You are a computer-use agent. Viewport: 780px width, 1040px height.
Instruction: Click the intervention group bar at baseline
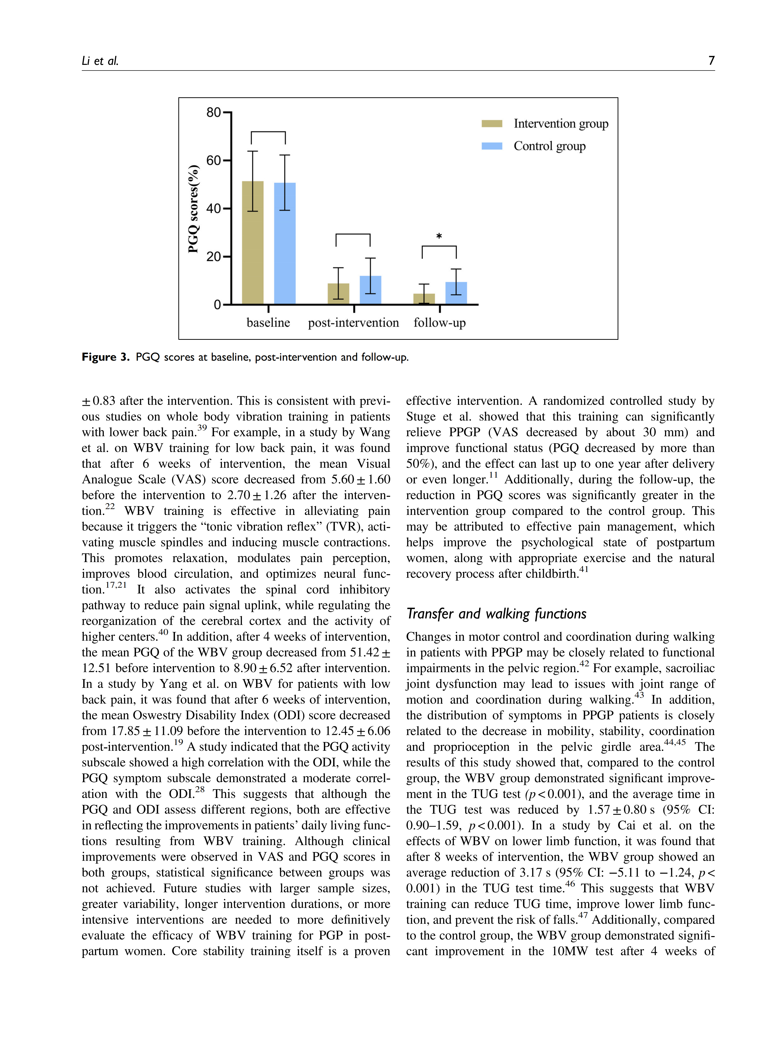253,242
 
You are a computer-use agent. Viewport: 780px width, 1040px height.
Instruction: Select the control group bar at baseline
284,243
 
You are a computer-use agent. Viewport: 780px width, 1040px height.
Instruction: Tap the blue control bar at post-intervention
370,290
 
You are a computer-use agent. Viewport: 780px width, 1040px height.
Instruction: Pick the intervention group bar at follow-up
424,299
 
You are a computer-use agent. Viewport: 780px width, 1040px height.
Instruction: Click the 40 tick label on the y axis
213,208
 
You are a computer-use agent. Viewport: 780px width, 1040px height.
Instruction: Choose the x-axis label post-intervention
353,323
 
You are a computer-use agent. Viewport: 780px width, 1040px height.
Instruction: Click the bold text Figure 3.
105,357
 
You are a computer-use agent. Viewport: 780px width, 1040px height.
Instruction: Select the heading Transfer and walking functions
496,613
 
